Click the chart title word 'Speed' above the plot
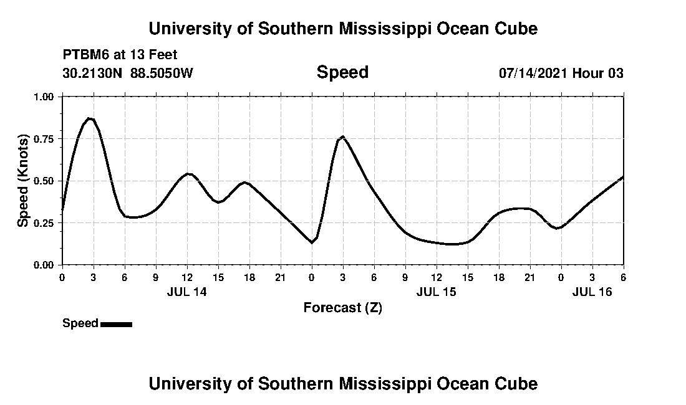(342, 72)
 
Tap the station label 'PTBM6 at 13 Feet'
(120, 55)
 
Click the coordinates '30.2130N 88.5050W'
(128, 74)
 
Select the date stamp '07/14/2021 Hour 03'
(561, 74)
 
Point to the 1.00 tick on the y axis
(44, 97)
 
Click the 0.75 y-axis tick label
(44, 139)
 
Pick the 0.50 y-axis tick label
(44, 181)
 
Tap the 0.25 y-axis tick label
(44, 223)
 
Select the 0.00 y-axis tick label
(44, 265)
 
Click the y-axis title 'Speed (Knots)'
(23, 181)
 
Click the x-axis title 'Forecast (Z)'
(342, 307)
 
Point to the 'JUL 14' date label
(186, 292)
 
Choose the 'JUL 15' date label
(436, 292)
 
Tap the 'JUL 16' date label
(592, 292)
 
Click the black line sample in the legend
(116, 324)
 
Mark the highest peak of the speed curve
(90, 118)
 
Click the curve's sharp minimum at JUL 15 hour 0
(312, 242)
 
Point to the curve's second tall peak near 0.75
(343, 136)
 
